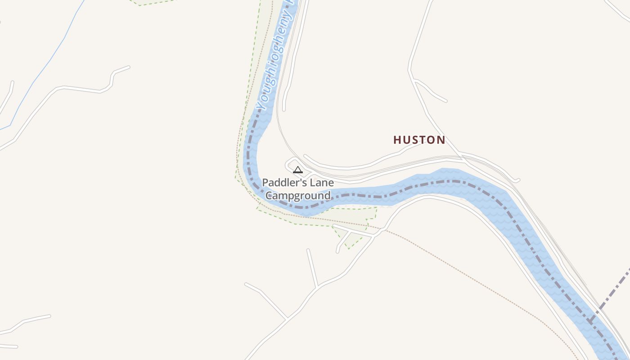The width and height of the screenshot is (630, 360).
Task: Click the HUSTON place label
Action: coord(419,140)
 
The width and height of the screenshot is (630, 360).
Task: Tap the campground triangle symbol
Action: coord(297,170)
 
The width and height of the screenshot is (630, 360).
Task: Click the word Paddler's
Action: coord(282,183)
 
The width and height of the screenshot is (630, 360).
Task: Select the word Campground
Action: coord(298,196)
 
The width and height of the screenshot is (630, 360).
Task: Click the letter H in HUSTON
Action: coord(397,140)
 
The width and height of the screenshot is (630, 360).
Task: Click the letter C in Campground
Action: coord(269,196)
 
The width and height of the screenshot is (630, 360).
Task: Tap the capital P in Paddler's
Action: coord(265,183)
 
